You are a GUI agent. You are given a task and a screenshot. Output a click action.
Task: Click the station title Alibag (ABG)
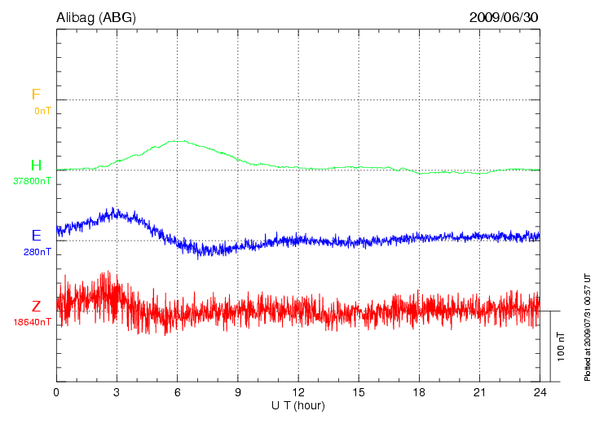[x=96, y=16]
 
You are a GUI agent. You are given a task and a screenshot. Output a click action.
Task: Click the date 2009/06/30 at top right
[x=503, y=16]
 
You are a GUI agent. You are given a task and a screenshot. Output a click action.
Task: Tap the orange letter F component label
[x=36, y=95]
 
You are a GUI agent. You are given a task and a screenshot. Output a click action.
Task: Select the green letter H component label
[x=36, y=166]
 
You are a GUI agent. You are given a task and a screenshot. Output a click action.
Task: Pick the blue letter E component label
[x=36, y=236]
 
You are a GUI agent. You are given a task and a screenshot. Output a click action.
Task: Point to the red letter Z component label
[x=36, y=307]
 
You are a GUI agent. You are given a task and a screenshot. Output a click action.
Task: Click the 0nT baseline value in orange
[x=42, y=110]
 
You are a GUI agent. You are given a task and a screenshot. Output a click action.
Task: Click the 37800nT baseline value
[x=33, y=181]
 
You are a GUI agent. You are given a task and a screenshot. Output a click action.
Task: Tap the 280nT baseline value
[x=37, y=251]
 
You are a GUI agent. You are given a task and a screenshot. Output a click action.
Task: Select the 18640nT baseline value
[x=33, y=321]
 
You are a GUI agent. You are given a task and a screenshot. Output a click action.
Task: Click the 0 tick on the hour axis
[x=56, y=392]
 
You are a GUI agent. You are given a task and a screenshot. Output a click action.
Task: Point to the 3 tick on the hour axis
[x=117, y=392]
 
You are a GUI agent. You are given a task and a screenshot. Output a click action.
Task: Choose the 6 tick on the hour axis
[x=177, y=392]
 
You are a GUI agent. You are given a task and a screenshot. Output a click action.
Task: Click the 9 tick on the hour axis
[x=237, y=392]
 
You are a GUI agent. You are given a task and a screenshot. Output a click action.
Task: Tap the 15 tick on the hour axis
[x=358, y=392]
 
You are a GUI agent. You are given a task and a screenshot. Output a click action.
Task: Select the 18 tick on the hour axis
[x=418, y=392]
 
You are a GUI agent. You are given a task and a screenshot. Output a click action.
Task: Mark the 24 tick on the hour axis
[x=539, y=392]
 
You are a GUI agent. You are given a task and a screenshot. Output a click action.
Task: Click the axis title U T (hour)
[x=297, y=405]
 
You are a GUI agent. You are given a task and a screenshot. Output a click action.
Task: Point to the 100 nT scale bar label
[x=560, y=347]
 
